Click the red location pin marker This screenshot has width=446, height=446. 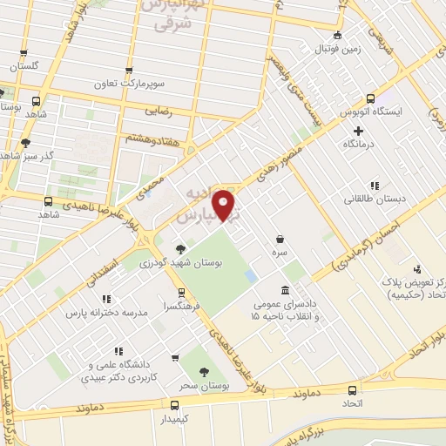pos(226,205)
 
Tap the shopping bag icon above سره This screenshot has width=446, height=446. pos(280,238)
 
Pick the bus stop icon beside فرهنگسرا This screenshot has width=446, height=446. pos(181,293)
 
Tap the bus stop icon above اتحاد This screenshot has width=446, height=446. pos(353,389)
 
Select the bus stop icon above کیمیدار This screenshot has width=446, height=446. pos(175,405)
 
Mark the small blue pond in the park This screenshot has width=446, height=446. pos(250,276)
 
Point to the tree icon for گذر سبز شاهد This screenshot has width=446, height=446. pos(26,141)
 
